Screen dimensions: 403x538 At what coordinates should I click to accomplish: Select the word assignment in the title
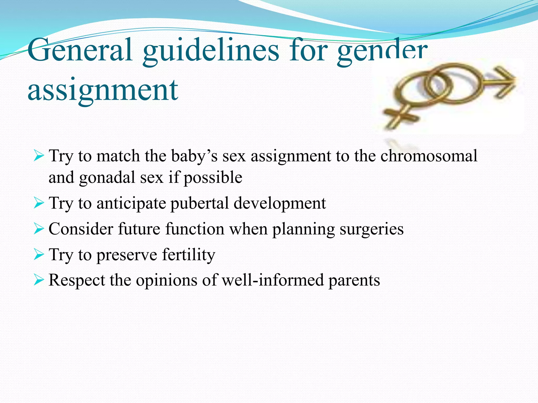click(x=103, y=91)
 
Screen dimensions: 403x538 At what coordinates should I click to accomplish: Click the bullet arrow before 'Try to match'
click(x=39, y=156)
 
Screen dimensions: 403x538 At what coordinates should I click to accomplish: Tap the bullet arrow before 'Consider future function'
click(x=39, y=229)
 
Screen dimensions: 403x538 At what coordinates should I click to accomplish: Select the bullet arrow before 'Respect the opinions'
click(x=39, y=280)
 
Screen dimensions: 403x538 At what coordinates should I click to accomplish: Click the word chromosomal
click(x=429, y=156)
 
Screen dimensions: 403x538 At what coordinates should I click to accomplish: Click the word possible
click(x=213, y=178)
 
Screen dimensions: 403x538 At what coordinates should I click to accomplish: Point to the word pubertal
click(x=199, y=203)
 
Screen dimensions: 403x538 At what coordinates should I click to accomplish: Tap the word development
click(x=280, y=203)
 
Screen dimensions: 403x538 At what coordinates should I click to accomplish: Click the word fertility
click(x=188, y=254)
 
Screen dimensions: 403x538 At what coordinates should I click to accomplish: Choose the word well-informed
click(x=273, y=280)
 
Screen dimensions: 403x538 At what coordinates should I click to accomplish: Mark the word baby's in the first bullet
click(x=194, y=156)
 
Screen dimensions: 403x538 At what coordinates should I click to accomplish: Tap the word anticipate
click(x=131, y=203)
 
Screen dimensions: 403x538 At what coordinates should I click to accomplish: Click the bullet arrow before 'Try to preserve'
click(x=39, y=254)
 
